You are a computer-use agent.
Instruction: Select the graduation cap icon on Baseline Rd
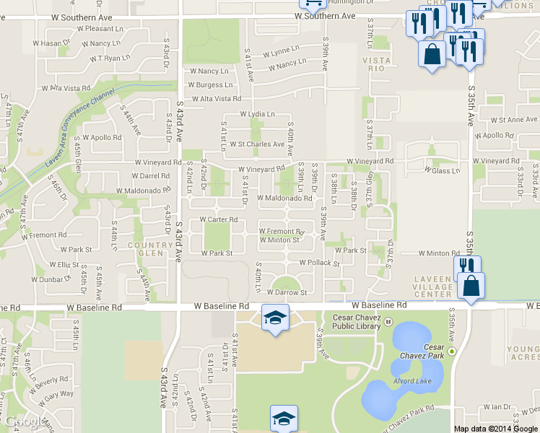tap(275, 318)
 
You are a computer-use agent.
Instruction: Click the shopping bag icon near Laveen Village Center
tap(471, 286)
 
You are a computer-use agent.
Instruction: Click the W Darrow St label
tap(287, 292)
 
